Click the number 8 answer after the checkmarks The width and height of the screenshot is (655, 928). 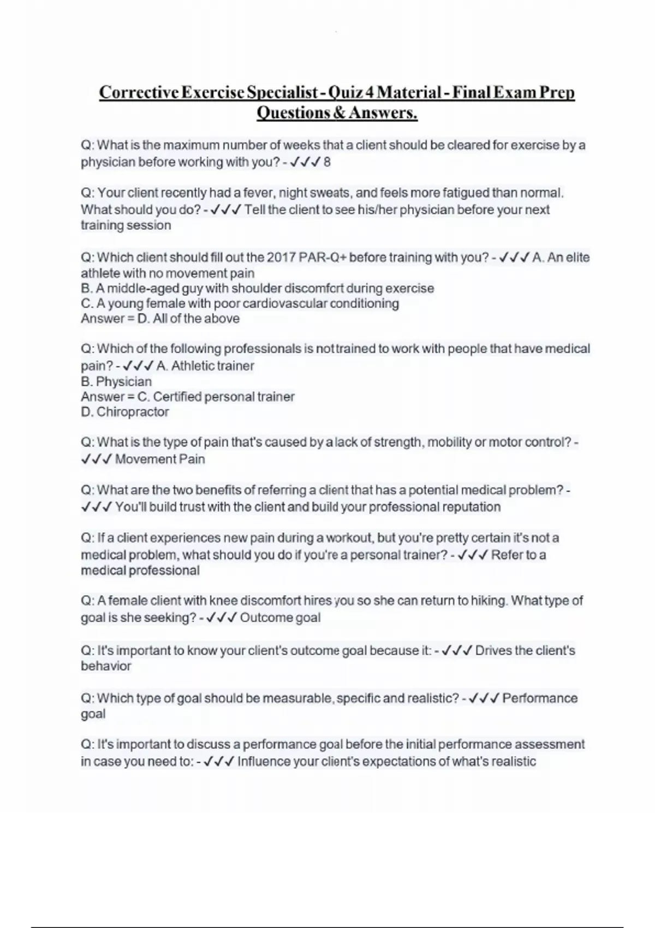click(327, 162)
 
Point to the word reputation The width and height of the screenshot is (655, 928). click(470, 507)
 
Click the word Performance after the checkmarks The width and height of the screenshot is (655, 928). click(539, 698)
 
